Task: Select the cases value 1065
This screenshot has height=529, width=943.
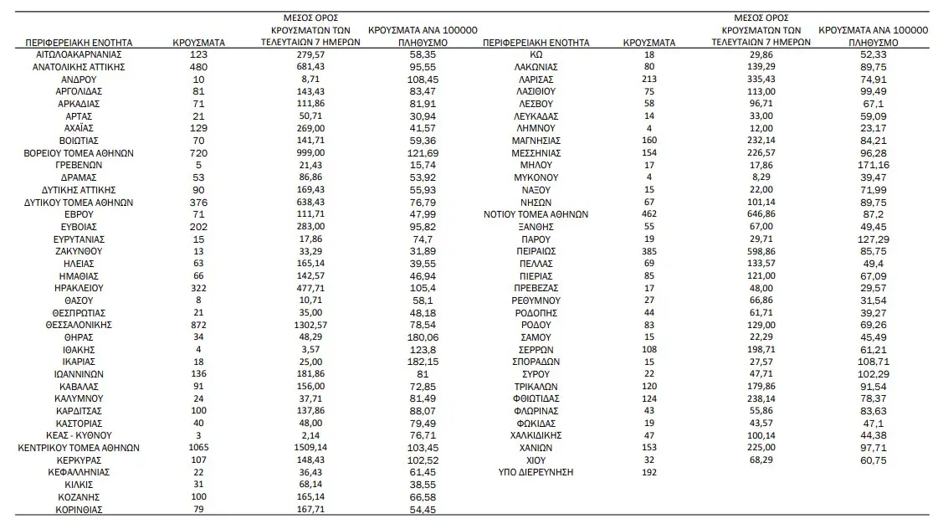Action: click(193, 448)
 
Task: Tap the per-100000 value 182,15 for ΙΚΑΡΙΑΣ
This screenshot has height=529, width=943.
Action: click(421, 362)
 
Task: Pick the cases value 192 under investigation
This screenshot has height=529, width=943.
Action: click(650, 472)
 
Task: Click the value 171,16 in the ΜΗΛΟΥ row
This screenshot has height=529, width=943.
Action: click(874, 166)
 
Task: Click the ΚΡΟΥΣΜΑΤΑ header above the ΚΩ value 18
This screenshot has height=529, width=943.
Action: click(650, 43)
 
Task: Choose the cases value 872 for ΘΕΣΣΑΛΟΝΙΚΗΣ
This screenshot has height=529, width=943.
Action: click(193, 325)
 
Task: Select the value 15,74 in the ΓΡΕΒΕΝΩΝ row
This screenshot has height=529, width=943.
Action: click(421, 166)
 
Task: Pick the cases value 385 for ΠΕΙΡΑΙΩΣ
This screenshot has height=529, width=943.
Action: click(650, 251)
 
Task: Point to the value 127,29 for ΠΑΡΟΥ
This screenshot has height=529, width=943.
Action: click(874, 239)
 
